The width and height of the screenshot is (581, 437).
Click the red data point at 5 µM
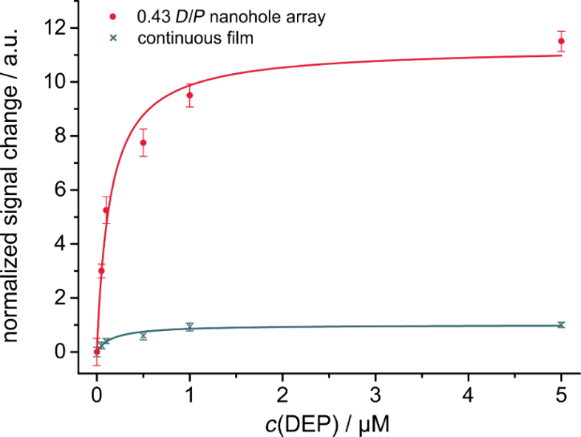561,41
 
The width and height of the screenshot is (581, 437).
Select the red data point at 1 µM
189,96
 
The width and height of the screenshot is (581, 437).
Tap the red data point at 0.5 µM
143,143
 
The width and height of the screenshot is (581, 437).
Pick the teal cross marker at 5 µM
561,324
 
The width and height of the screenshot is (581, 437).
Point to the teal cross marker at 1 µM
189,326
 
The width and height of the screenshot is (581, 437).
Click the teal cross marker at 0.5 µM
143,335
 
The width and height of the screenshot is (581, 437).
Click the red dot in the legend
113,17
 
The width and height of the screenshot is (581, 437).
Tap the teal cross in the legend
113,38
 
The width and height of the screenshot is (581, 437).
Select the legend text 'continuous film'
184,38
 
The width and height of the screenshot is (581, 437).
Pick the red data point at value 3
101,270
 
